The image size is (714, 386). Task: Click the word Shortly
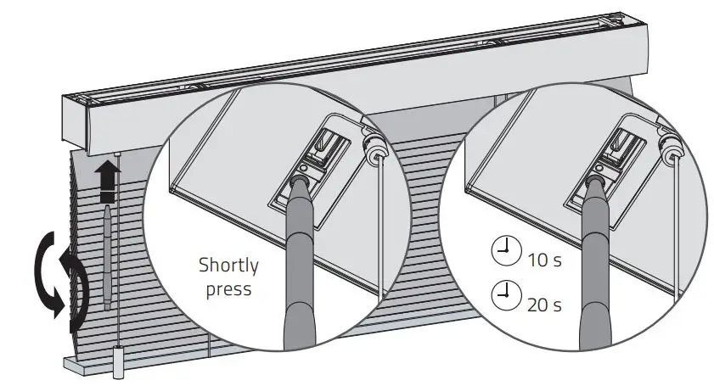(x=228, y=266)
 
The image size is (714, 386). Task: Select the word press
(x=228, y=289)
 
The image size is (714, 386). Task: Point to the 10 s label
(x=544, y=259)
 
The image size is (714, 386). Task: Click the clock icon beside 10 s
(x=506, y=252)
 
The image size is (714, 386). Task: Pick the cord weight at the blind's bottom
(x=117, y=363)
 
